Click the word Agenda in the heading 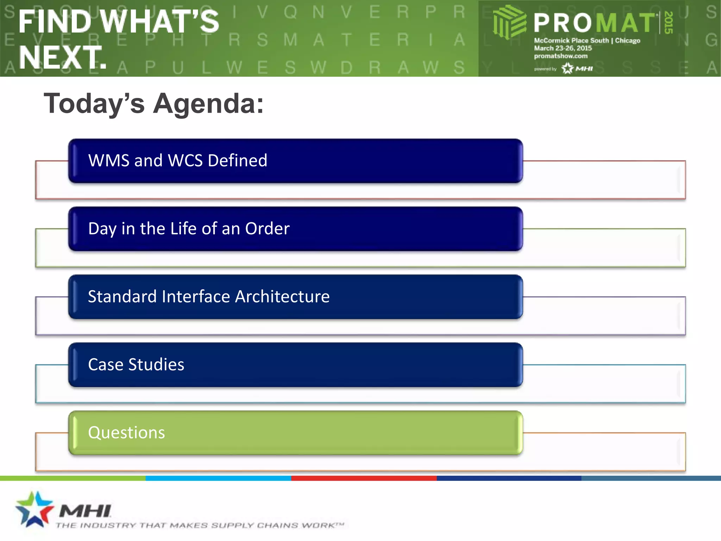[208, 104]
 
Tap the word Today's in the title [94, 104]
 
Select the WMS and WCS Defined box [295, 161]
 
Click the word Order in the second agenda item [267, 229]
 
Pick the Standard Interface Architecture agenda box [295, 297]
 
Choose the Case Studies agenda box [295, 365]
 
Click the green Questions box [295, 433]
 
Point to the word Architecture [282, 297]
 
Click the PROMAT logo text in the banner [594, 23]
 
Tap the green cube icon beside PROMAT [509, 22]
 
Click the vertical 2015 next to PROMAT [669, 23]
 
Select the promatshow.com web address [560, 56]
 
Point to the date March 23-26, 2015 [563, 48]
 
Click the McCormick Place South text [571, 41]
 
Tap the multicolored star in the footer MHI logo [34, 509]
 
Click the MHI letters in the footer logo [85, 511]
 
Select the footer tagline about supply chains [199, 526]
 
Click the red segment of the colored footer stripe [364, 478]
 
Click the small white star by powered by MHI [568, 68]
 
